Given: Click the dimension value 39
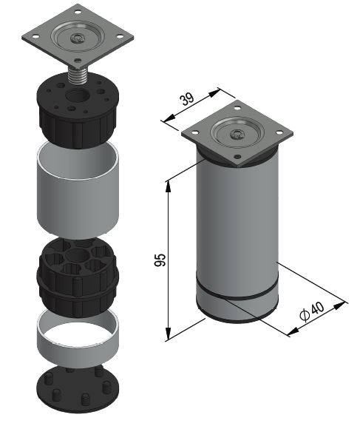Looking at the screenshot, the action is pos(188,99).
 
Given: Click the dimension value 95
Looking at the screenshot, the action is pos(160,260).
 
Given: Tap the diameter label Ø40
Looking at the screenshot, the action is pos(312,311).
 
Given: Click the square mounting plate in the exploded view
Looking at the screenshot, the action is pos(78,36).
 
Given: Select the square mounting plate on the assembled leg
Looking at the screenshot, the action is pos(237,133).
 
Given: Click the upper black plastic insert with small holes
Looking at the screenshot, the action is pos(78,110).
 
